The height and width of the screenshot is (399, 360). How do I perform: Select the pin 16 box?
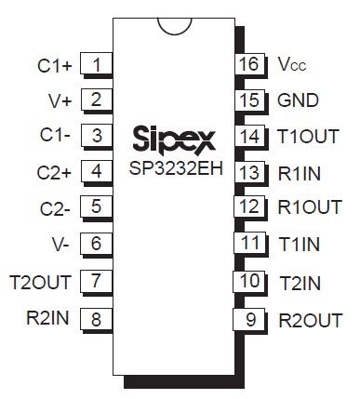point(247,64)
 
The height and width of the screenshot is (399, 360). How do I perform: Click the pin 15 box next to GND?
point(247,100)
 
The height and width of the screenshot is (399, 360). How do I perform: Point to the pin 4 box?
point(97,171)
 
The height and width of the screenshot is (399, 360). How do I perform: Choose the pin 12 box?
point(247,206)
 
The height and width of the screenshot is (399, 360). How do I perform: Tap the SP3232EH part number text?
point(172,170)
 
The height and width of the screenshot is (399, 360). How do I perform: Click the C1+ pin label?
point(55,65)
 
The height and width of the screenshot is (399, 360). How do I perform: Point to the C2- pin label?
point(57,207)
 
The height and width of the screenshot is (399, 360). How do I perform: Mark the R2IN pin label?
point(46,315)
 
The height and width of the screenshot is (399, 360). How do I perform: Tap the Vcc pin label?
point(290,65)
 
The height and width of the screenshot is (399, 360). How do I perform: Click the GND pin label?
point(298,100)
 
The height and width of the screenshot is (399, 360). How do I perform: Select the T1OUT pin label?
point(308,136)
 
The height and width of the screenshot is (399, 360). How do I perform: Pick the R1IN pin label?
point(300,171)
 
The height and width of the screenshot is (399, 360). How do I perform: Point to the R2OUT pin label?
point(310,321)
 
